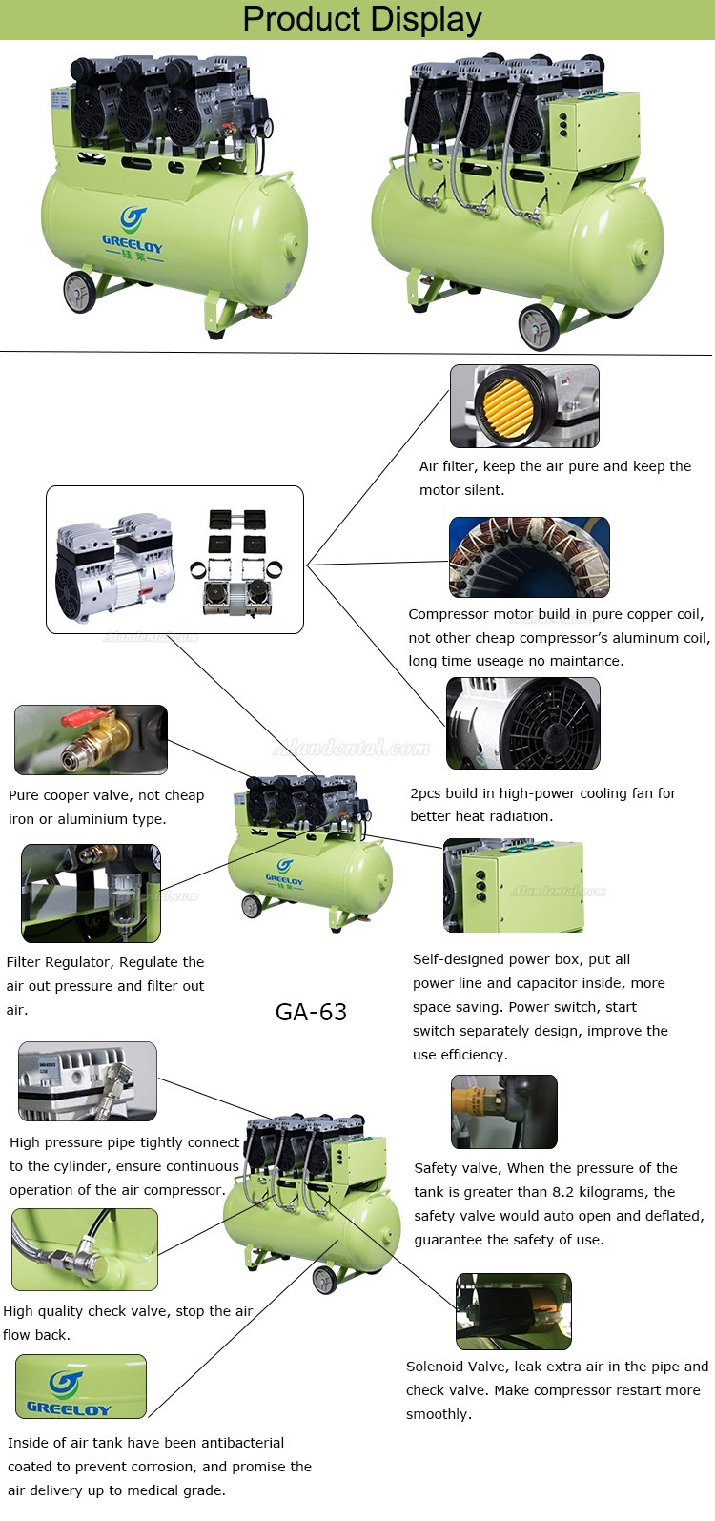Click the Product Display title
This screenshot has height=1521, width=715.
click(362, 19)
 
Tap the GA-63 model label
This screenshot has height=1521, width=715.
click(311, 1012)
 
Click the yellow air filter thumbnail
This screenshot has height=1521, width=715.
click(524, 405)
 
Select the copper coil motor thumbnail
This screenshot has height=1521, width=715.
click(529, 558)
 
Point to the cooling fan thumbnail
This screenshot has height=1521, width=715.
click(523, 723)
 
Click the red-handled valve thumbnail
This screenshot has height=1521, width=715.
click(91, 739)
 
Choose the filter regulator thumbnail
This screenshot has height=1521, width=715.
click(91, 893)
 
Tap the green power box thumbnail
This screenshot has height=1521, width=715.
click(513, 886)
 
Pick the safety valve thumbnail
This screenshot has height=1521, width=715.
click(503, 1111)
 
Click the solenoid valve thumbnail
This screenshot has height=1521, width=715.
click(513, 1311)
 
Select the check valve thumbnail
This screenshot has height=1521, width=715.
click(84, 1249)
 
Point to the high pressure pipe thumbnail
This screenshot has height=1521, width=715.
click(87, 1080)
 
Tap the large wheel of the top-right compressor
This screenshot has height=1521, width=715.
click(539, 327)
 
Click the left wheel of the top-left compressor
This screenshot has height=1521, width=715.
click(80, 292)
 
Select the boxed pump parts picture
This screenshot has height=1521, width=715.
click(174, 560)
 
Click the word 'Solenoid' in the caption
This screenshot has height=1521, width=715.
click(438, 1367)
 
